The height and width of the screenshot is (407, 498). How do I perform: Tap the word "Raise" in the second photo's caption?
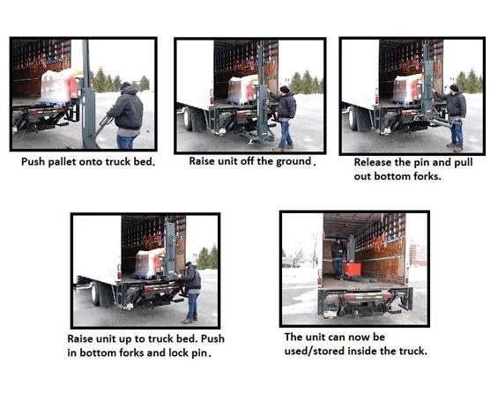pos(200,161)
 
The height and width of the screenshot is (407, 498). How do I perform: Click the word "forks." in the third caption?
pos(427,176)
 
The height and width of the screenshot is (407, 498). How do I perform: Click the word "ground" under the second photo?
pos(294,161)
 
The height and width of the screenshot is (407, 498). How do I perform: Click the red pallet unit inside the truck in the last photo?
pos(353,270)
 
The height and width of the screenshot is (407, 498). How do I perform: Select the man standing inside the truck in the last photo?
pos(338,258)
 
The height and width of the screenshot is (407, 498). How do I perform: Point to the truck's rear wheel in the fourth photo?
pos(95,293)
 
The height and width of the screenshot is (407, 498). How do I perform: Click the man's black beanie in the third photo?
pos(455,87)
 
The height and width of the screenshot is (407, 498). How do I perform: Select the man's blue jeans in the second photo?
pos(286,135)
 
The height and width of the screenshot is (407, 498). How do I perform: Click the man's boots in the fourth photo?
pos(190,321)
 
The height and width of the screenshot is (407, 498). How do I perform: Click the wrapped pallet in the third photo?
pos(406,89)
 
